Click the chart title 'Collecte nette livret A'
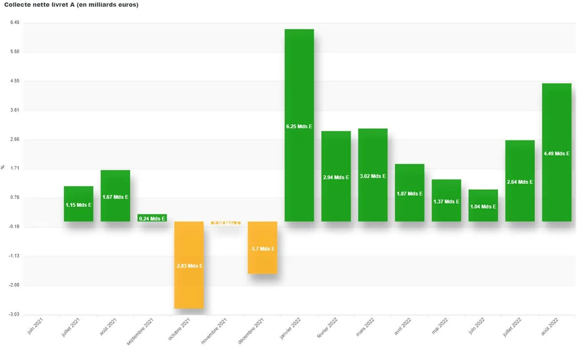coord(71,5)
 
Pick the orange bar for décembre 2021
coord(262,263)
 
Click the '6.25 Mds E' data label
coord(299,127)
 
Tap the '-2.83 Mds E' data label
coord(189,266)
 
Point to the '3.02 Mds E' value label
coord(373,176)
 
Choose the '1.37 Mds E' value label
coord(446,202)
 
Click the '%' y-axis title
coord(3,167)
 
